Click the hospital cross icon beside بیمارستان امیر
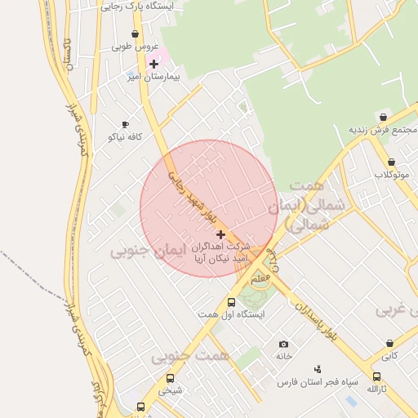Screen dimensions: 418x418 (153, 64)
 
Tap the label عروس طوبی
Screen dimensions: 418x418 (132, 47)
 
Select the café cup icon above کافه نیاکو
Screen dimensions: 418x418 (125, 124)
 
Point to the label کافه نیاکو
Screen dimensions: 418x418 (125, 136)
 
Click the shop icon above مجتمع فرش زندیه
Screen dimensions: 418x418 (383, 118)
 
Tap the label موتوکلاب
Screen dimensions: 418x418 (392, 175)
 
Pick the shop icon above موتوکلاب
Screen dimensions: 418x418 (392, 162)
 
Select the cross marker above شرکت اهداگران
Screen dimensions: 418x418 (220, 234)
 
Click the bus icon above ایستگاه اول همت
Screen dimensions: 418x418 (231, 302)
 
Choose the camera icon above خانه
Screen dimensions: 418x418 (283, 345)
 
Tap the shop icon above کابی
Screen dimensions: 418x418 (389, 344)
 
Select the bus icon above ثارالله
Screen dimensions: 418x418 (376, 377)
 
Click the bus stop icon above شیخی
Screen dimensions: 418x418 (170, 378)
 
